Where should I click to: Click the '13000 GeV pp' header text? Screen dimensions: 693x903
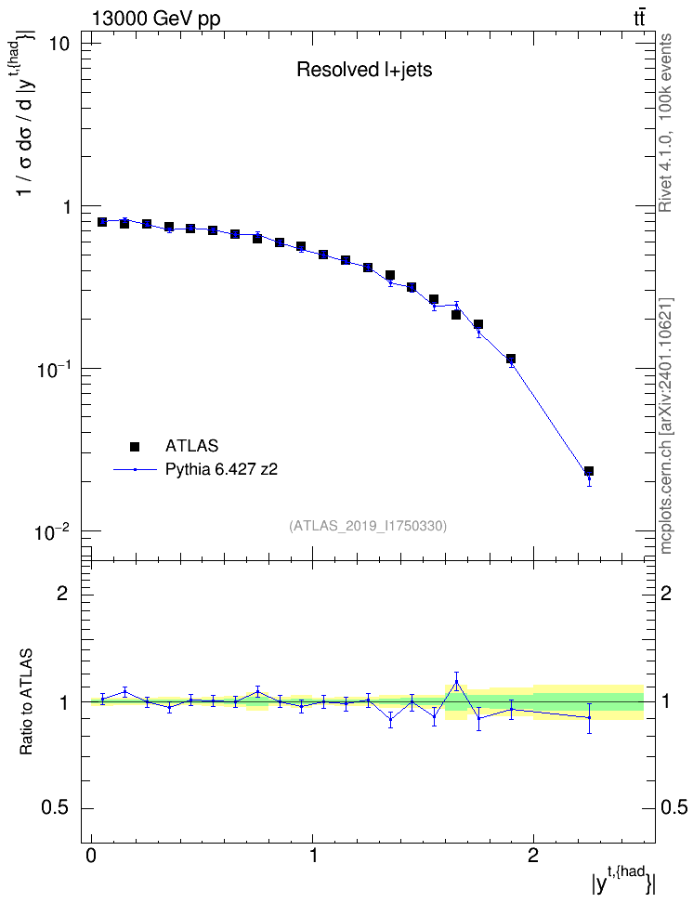pyautogui.click(x=156, y=20)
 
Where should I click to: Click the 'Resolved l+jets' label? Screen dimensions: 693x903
pyautogui.click(x=364, y=70)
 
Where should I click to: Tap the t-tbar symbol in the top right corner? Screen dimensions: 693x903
pyautogui.click(x=639, y=19)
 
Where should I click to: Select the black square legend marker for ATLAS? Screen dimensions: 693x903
pyautogui.click(x=135, y=446)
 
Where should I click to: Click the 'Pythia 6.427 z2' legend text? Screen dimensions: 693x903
pyautogui.click(x=221, y=470)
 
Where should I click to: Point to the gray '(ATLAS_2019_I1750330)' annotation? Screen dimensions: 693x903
pyautogui.click(x=368, y=526)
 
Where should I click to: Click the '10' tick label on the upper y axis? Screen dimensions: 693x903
pyautogui.click(x=57, y=44)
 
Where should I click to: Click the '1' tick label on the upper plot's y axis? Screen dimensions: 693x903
pyautogui.click(x=66, y=207)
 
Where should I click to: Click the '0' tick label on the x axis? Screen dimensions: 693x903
pyautogui.click(x=91, y=855)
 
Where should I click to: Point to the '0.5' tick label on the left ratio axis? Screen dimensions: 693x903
pyautogui.click(x=56, y=808)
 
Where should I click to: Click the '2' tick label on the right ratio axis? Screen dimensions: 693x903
pyautogui.click(x=666, y=593)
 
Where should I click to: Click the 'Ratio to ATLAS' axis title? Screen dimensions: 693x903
pyautogui.click(x=26, y=702)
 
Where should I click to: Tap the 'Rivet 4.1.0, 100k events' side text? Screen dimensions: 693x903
pyautogui.click(x=665, y=123)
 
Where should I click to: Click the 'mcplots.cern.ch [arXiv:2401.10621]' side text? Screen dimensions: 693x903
pyautogui.click(x=665, y=426)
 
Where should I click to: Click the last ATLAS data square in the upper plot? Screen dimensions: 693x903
pyautogui.click(x=589, y=471)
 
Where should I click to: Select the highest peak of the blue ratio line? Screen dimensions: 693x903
pyautogui.click(x=456, y=682)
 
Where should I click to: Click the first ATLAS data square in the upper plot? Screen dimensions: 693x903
pyautogui.click(x=102, y=222)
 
